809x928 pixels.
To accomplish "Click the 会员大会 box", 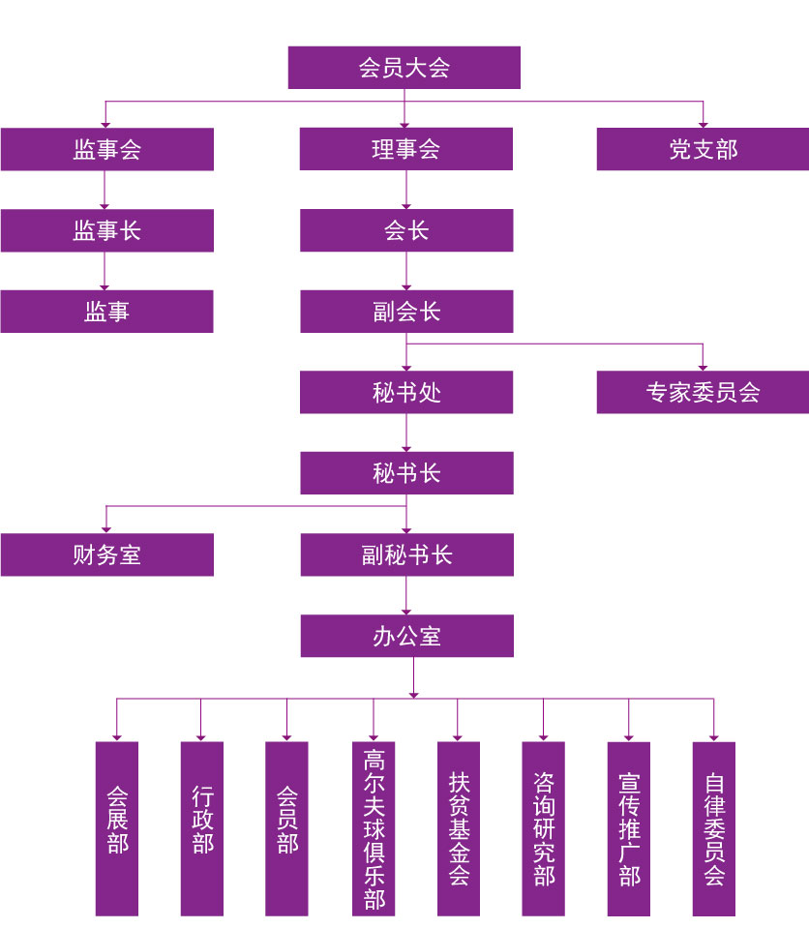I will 404,68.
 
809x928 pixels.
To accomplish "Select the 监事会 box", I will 106,149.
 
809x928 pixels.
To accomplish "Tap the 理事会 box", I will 405,149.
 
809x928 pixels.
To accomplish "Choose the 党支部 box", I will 703,149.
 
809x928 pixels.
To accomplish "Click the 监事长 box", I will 106,230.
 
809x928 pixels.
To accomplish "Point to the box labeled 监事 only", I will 106,312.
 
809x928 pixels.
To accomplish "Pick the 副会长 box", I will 405,312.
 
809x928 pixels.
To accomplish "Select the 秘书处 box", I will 405,392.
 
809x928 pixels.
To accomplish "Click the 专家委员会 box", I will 703,392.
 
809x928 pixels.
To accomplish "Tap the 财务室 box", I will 106,554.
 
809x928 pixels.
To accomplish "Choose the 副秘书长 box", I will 405,554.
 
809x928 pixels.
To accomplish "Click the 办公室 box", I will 405,636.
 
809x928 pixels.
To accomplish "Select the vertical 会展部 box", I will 117,828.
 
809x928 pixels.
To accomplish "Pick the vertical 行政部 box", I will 202,828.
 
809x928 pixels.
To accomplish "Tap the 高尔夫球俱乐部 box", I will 374,828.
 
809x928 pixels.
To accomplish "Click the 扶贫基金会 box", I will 459,828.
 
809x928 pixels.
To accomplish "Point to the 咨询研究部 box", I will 544,828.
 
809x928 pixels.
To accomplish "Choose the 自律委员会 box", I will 714,828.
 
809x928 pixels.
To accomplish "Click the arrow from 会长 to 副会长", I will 405,272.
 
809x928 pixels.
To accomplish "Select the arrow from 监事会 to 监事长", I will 105,191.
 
